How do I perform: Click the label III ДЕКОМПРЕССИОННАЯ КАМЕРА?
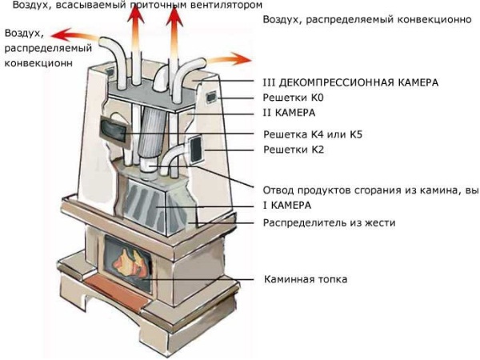[x=350, y=82]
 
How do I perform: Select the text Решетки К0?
[x=294, y=98]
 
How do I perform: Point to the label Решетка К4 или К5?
[x=313, y=134]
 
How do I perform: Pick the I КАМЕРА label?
[x=289, y=206]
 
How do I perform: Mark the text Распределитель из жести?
[x=329, y=222]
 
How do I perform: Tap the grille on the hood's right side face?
[x=194, y=149]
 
